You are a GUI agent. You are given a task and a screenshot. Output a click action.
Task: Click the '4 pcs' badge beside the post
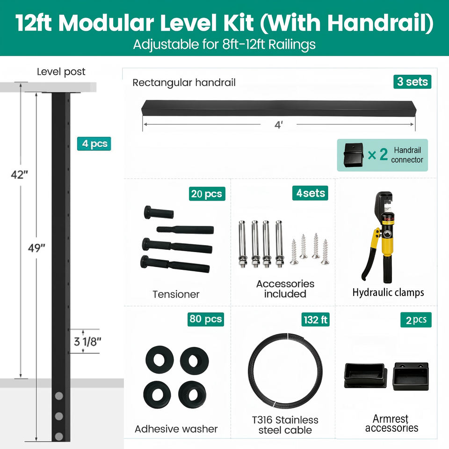pos(94,144)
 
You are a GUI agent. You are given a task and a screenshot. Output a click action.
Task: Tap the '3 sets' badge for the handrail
pos(413,82)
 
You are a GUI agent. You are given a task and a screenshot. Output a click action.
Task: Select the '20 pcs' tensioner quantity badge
pos(207,194)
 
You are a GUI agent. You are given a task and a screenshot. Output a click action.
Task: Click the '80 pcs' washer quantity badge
pos(206,319)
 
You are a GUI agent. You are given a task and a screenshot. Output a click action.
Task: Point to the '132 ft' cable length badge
pos(315,319)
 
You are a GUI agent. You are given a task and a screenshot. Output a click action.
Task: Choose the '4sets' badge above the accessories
pos(310,193)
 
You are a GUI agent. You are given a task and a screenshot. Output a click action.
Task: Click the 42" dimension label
pos(20,174)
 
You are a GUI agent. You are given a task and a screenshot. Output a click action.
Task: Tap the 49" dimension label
pos(36,248)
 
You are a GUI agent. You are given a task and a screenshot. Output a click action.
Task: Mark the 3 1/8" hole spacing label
pos(87,341)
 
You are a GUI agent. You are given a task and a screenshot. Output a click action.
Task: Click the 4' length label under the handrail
pos(279,125)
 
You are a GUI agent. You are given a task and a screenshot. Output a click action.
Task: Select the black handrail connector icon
pos(354,155)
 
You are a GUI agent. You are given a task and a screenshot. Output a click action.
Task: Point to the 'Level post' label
pos(61,72)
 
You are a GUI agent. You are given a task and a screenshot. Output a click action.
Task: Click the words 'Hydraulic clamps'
pos(388,292)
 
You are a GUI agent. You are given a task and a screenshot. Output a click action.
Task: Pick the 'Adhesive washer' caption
pos(176,429)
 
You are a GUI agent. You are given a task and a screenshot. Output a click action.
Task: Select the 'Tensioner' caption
pos(176,294)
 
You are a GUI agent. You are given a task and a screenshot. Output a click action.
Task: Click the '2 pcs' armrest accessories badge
pos(416,320)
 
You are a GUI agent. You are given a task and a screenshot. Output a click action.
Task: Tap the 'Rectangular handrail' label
pos(184,83)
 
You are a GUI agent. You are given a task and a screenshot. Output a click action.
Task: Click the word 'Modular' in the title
pos(106,22)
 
